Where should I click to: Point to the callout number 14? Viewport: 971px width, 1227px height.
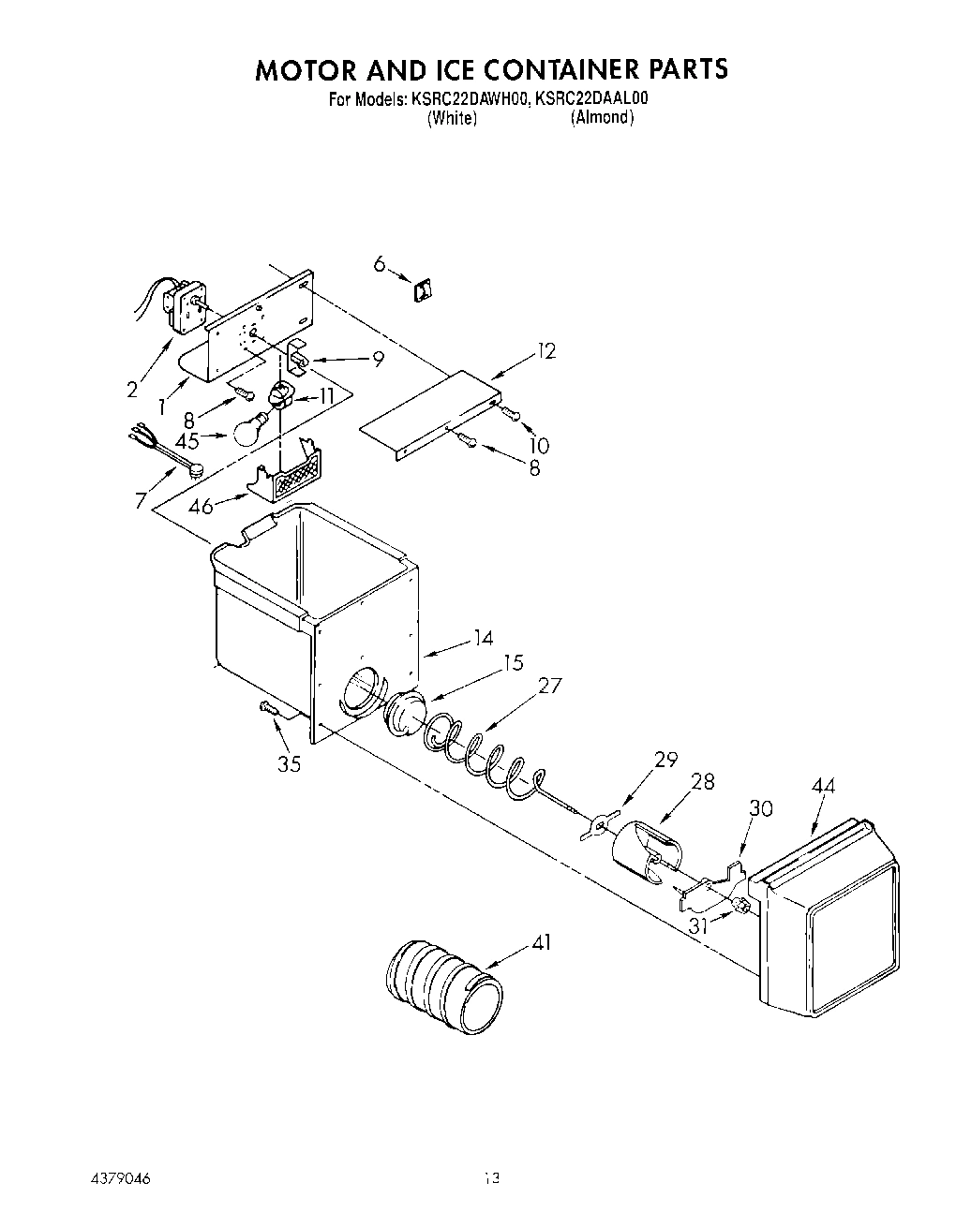click(x=483, y=638)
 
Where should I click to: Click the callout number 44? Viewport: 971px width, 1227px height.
click(x=824, y=787)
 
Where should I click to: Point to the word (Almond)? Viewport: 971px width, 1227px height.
click(x=603, y=119)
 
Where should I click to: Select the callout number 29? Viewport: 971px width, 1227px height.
click(x=665, y=760)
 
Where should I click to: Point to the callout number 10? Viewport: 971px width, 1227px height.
click(x=539, y=445)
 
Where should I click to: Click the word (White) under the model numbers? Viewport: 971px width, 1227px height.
click(x=453, y=119)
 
